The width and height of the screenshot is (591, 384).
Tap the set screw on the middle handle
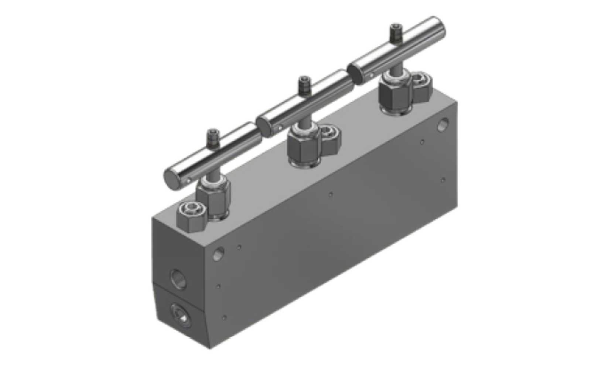[x=304, y=84]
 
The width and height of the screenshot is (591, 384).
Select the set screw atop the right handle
[x=396, y=32]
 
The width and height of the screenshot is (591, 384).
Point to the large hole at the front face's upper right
[x=443, y=124]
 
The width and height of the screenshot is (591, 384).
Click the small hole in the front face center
[x=331, y=194]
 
